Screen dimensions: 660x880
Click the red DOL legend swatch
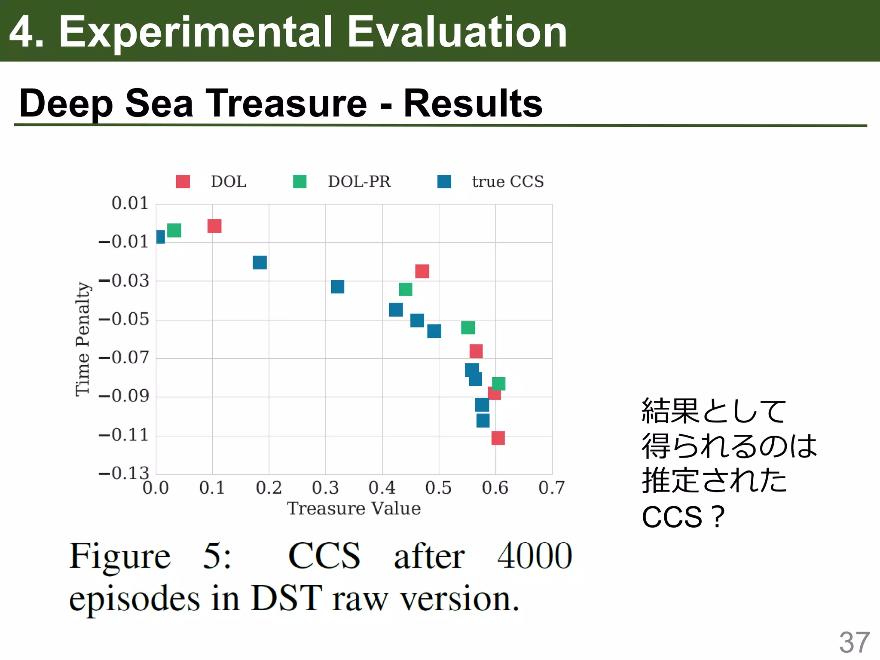coord(183,181)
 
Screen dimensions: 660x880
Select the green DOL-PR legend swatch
coord(299,181)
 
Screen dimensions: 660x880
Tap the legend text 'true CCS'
coord(507,182)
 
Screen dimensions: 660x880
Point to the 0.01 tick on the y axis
coord(129,203)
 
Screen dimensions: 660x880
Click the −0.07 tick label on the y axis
coord(124,357)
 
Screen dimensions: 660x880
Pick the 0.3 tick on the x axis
coord(325,488)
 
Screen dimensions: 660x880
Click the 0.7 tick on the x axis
coord(551,488)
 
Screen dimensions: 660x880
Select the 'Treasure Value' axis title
coord(354,509)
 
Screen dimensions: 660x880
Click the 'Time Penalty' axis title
coord(82,339)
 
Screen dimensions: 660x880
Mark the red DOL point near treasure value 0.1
coord(214,226)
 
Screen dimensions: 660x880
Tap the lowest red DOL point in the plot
coord(498,438)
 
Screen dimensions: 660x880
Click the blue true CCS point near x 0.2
coord(260,262)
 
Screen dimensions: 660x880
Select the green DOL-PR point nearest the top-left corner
coord(174,230)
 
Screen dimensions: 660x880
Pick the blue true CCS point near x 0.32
coord(337,287)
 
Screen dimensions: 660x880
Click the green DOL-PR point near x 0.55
coord(468,328)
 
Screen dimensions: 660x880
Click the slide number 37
coord(854,642)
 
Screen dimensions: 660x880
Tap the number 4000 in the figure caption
coord(534,556)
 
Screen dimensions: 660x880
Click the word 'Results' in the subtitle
coord(473,103)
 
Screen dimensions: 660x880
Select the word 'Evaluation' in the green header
coord(457,32)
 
